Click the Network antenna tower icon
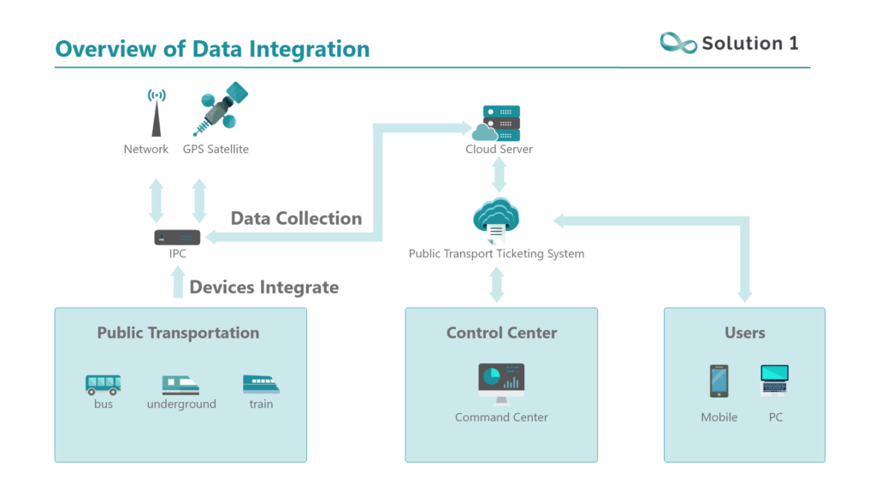coord(156,113)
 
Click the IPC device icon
coord(177,237)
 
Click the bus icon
coord(103,384)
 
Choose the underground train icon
coord(180,384)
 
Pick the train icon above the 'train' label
coord(261,384)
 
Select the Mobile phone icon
coord(719,381)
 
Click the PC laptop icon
coord(775,380)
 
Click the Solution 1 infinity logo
coord(678,43)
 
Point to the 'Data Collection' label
coord(296,218)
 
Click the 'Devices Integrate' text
coord(263,287)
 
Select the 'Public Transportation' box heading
coord(178,333)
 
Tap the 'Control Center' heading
coord(501,333)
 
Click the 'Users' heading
coord(744,333)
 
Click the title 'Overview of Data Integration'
coord(212,49)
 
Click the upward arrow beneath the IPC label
coord(178,282)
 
